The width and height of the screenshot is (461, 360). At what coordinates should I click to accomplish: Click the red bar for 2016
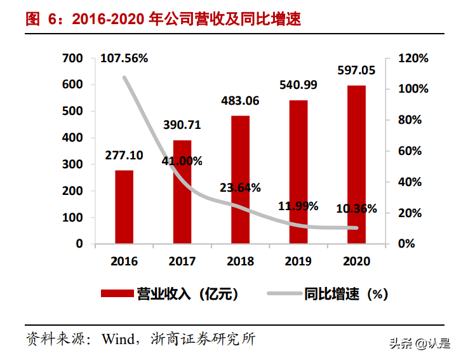click(x=124, y=207)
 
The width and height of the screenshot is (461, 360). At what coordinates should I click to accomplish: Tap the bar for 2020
click(x=356, y=164)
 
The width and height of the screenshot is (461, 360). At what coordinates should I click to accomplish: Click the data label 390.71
click(x=182, y=124)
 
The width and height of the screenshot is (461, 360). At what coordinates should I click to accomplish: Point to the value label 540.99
click(x=298, y=84)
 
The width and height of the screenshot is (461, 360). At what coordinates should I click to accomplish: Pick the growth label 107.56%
click(x=124, y=58)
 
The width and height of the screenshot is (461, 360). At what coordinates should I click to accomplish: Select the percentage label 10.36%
click(x=356, y=208)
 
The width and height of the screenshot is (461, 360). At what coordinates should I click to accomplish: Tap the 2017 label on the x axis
click(x=182, y=261)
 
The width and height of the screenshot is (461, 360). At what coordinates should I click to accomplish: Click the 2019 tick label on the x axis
click(x=298, y=261)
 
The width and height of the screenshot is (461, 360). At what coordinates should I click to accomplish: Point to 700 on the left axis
click(x=73, y=58)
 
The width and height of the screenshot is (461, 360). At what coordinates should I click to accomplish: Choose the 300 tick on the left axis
click(x=73, y=164)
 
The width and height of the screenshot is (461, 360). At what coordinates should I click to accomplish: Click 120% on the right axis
click(x=413, y=58)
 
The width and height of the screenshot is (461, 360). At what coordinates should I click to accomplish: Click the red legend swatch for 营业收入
click(x=117, y=293)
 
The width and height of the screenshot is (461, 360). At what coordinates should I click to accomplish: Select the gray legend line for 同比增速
click(x=283, y=293)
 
